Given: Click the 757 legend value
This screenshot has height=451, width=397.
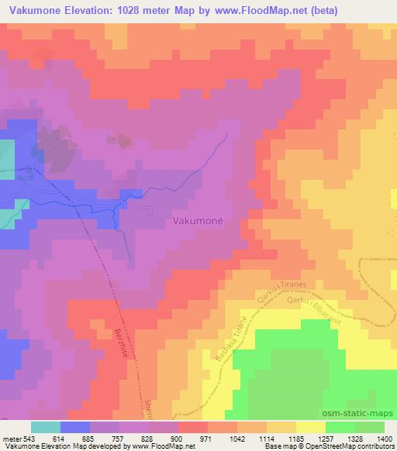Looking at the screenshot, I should tap(119, 439).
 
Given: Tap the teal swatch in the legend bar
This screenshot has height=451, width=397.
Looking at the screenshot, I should tap(46, 427).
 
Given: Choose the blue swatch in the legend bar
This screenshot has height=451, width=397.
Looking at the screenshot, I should tap(75, 427).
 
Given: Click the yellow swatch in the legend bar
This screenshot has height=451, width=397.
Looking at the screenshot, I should tap(310, 427).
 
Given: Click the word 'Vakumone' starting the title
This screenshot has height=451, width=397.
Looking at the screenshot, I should tap(34, 10).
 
